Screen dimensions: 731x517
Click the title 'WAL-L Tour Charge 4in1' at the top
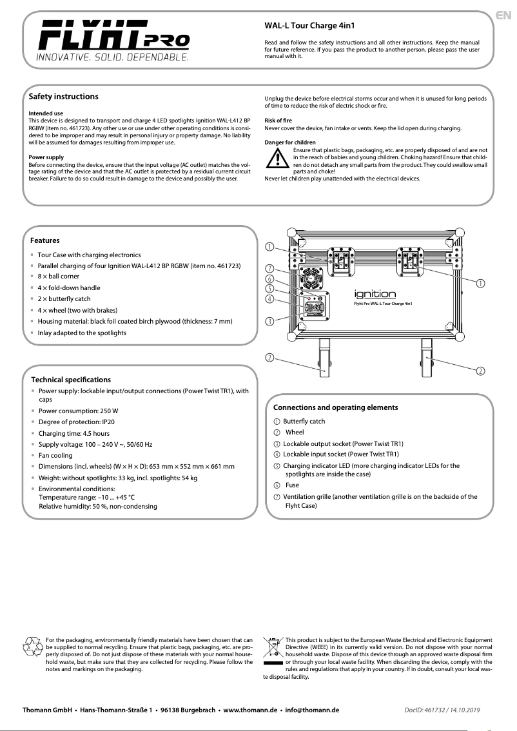pyautogui.click(x=309, y=26)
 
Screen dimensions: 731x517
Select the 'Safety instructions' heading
pyautogui.click(x=64, y=97)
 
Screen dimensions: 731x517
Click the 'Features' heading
pyautogui.click(x=44, y=240)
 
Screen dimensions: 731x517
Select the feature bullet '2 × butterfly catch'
pyautogui.click(x=64, y=299)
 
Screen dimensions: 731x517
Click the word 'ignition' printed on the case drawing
pyautogui.click(x=375, y=294)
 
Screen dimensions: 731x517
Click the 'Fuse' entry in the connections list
pyautogui.click(x=292, y=485)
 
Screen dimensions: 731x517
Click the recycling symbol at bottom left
pyautogui.click(x=33, y=646)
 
